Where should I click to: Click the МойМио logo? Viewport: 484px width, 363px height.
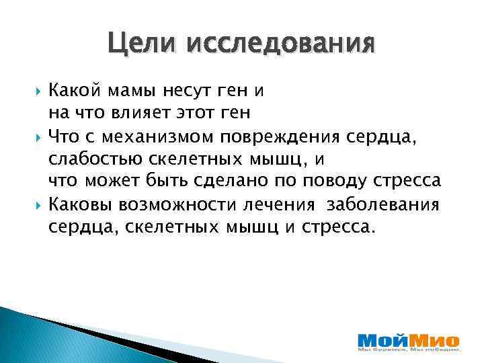408,338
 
